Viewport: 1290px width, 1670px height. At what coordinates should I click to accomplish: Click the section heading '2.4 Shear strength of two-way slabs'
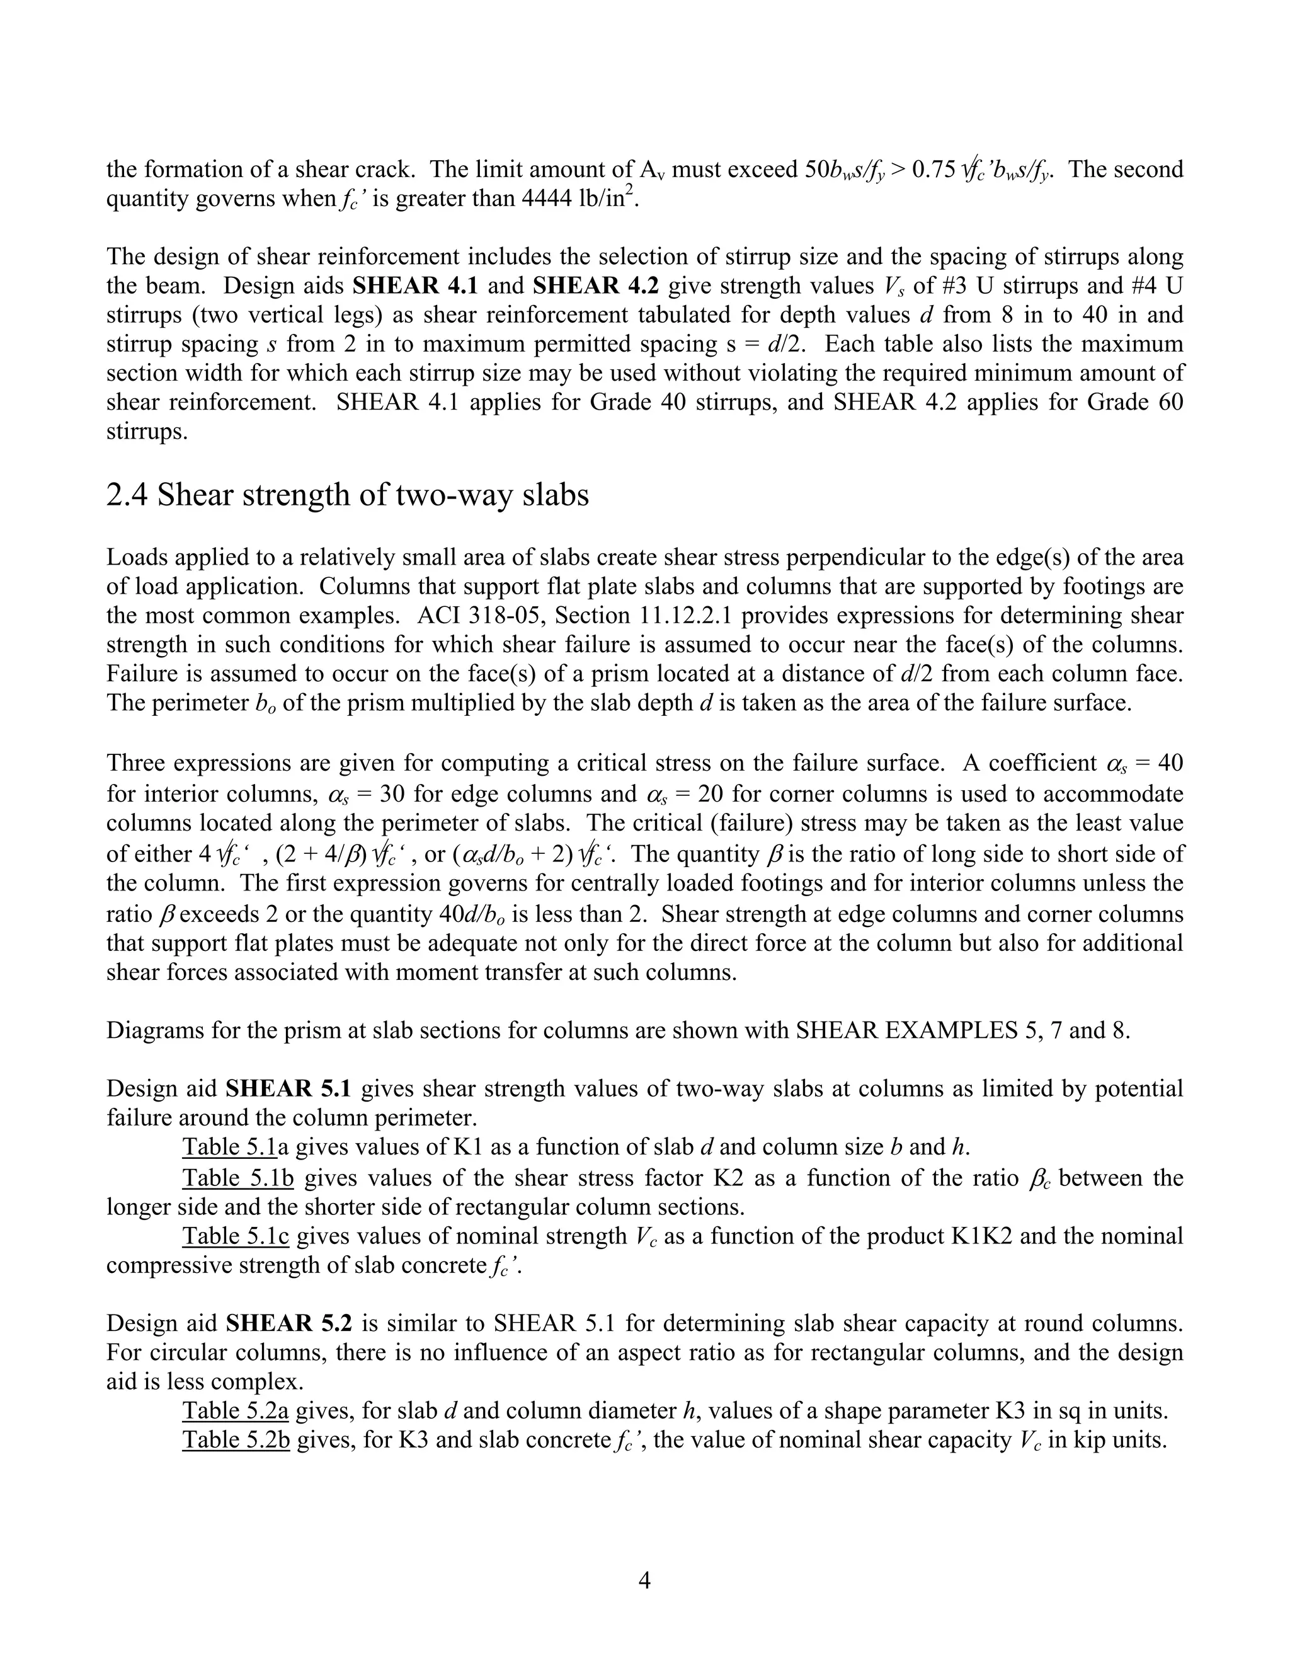[348, 496]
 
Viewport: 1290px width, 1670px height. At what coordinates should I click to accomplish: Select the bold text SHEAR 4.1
[415, 286]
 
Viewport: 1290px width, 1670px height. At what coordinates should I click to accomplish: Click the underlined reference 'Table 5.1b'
[237, 1178]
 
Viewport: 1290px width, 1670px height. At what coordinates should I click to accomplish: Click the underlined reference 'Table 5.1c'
[237, 1236]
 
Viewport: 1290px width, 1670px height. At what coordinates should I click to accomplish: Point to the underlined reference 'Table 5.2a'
[237, 1411]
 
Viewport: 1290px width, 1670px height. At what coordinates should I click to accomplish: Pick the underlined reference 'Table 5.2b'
[237, 1441]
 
